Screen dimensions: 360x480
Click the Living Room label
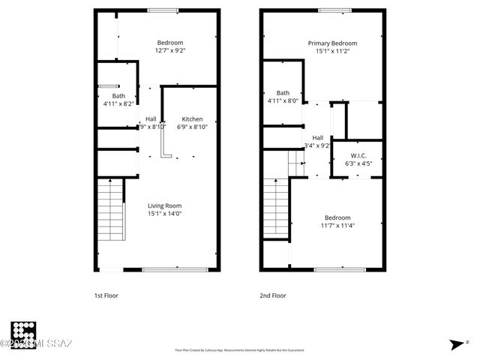point(164,205)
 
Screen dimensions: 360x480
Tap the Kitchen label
point(192,119)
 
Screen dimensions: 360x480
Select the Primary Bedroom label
point(332,43)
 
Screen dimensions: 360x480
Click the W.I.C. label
point(358,155)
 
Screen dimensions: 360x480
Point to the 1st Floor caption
point(106,295)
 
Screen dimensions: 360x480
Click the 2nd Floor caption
point(273,295)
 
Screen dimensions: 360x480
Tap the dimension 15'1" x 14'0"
point(164,214)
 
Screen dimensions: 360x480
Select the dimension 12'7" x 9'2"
point(169,51)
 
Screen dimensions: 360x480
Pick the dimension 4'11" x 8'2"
point(118,103)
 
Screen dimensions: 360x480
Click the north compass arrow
point(457,344)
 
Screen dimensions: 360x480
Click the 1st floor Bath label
point(118,96)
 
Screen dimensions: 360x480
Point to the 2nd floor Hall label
point(318,137)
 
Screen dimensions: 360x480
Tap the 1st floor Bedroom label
point(169,43)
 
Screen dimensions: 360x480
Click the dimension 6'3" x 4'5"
point(358,163)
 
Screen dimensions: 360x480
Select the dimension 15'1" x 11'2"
point(332,51)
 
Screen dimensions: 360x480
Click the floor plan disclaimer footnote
point(240,349)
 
